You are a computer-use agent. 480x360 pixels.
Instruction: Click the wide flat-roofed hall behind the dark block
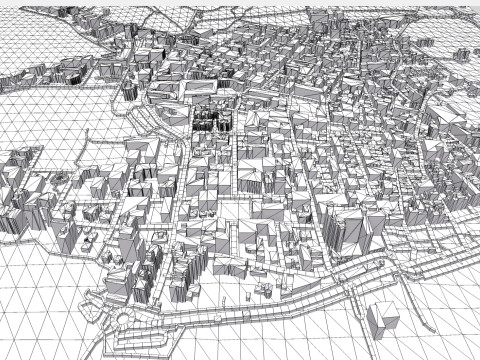tap(196, 92)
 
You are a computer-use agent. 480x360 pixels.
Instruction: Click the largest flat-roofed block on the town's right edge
tap(445, 125)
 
